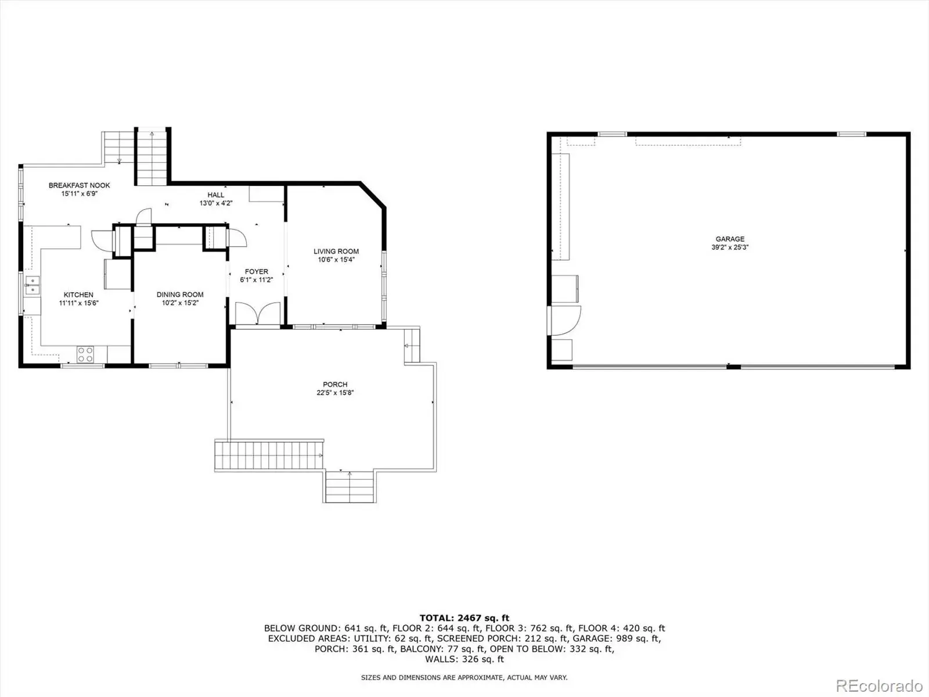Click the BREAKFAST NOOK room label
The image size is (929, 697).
[79, 185]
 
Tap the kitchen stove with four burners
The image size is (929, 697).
[85, 354]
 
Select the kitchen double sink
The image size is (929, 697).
[32, 285]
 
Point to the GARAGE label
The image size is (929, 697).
[730, 239]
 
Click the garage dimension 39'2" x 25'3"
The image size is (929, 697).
[730, 247]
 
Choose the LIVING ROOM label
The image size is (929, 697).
[336, 252]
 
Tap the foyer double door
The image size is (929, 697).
[258, 314]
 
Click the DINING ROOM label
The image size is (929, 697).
[180, 294]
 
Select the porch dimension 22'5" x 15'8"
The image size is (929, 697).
[335, 393]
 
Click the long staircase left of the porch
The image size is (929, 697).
[269, 455]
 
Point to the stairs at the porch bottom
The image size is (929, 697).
[350, 486]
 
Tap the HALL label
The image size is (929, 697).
[216, 195]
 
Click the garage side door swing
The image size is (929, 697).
[564, 321]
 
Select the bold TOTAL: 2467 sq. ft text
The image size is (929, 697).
[464, 618]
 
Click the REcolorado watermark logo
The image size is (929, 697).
[880, 685]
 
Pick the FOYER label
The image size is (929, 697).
[257, 272]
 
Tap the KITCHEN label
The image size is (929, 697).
[78, 295]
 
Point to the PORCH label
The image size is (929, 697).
[335, 385]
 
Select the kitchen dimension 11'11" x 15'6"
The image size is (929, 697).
[79, 303]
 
